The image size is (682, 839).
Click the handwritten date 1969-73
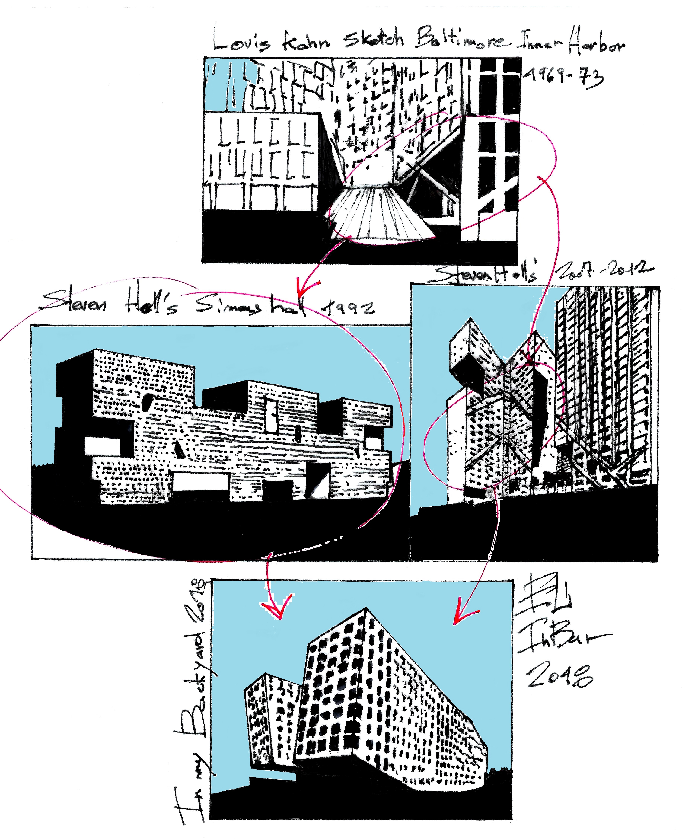tap(564, 77)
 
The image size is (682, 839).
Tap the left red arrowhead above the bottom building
tap(278, 607)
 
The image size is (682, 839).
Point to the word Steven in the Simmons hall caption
tap(75, 302)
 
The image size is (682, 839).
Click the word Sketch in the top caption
tap(373, 39)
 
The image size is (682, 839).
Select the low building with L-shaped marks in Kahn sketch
tap(261, 161)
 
